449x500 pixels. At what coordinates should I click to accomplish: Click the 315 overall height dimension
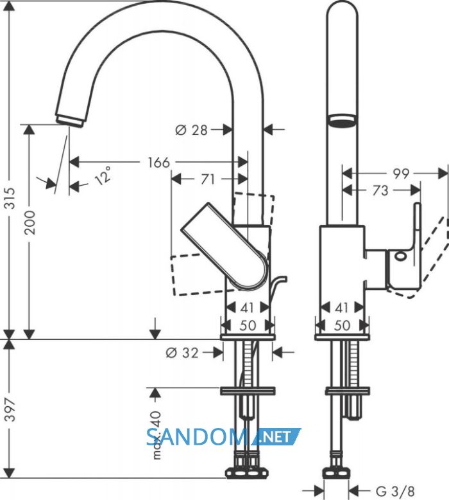11,199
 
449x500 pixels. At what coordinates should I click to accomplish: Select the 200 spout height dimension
30,222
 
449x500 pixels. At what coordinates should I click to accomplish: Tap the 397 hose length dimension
11,409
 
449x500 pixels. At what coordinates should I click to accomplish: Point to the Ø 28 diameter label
191,130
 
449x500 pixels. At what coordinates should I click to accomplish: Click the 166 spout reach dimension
159,163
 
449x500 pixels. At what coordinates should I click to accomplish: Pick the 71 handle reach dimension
208,179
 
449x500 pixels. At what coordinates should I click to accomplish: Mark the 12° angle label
103,175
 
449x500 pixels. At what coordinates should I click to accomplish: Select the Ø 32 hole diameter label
182,353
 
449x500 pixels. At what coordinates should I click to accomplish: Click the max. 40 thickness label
157,435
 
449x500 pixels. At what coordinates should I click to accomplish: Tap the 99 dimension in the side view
401,174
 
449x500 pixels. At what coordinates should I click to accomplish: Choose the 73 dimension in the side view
380,190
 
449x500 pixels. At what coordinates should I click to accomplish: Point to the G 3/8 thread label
395,490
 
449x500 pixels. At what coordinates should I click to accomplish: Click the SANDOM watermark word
196,437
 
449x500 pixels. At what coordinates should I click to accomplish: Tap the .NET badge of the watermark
276,436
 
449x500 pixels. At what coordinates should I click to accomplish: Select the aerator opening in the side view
342,121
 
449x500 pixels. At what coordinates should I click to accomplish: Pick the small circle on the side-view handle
400,256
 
